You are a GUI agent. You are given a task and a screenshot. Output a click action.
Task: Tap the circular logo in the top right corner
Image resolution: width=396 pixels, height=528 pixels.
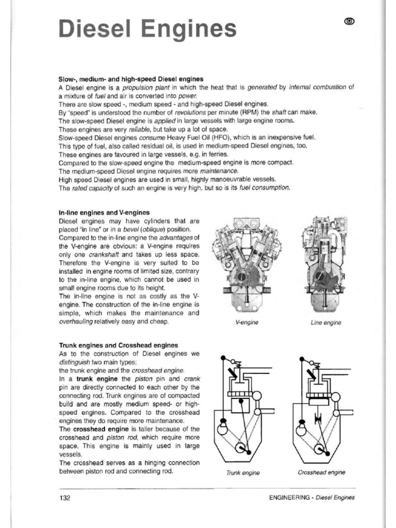350,21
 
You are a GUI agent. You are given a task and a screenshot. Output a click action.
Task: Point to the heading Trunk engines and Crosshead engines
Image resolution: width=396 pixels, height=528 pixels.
119,345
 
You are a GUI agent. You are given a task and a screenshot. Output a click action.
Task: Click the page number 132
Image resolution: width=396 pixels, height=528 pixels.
64,498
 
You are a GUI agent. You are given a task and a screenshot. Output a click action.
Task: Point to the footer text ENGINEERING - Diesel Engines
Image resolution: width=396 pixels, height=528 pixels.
311,498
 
